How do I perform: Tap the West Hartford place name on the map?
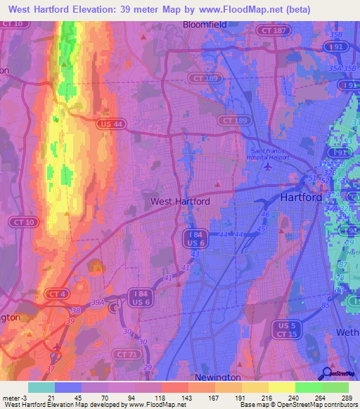click(x=180, y=201)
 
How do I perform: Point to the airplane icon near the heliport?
click(x=266, y=167)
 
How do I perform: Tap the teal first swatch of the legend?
click(x=41, y=387)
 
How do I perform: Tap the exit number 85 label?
click(x=326, y=305)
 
